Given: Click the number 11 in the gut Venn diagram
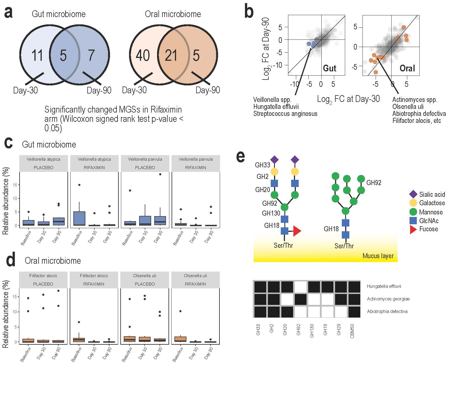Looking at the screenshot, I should pyautogui.click(x=37, y=55).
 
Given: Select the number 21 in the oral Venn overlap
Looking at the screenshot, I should pyautogui.click(x=171, y=55).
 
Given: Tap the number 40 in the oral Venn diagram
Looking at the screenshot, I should pyautogui.click(x=142, y=55).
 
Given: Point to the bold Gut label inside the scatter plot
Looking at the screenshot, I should pyautogui.click(x=329, y=68).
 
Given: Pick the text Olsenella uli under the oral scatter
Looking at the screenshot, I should pyautogui.click(x=408, y=107).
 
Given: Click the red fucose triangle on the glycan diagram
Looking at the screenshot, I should pyautogui.click(x=296, y=231).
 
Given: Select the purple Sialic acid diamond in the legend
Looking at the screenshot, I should pyautogui.click(x=413, y=194).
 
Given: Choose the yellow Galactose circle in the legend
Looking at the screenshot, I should pyautogui.click(x=413, y=203).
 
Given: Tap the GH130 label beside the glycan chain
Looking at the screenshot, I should pyautogui.click(x=271, y=213).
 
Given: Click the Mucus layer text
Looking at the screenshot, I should pyautogui.click(x=378, y=256).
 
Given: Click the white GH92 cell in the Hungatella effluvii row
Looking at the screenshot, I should pyautogui.click(x=300, y=287).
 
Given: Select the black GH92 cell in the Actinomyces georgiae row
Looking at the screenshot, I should pyautogui.click(x=300, y=299).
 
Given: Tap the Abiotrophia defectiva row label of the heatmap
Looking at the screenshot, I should pyautogui.click(x=387, y=311).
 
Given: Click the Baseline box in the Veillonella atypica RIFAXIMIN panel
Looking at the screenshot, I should pyautogui.click(x=79, y=218).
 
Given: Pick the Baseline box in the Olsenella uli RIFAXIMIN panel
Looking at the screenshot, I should pyautogui.click(x=181, y=339).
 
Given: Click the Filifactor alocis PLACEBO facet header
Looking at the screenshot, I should pyautogui.click(x=43, y=280).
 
